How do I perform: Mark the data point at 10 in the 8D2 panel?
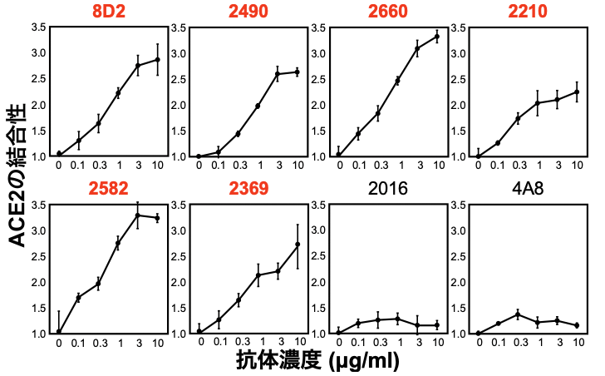pos(158,59)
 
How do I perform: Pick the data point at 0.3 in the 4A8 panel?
pos(518,314)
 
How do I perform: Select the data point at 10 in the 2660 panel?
pos(437,36)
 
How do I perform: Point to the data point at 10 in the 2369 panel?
pos(298,244)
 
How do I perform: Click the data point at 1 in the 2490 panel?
pos(258,106)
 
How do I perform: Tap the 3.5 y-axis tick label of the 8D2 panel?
pos(38,27)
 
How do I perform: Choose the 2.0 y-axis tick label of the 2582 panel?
pos(38,282)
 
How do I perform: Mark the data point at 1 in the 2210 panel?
pos(538,103)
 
